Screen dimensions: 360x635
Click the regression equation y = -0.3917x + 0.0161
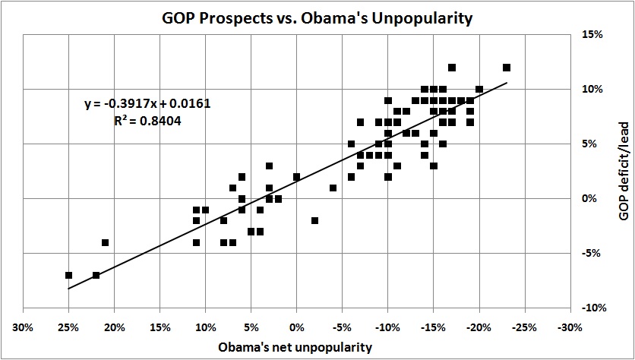coord(147,103)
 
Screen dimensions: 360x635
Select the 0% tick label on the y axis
coord(595,199)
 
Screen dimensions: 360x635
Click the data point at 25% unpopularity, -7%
coord(68,275)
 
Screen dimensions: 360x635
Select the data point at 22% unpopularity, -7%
coord(96,275)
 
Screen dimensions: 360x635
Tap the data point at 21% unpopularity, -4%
coord(105,242)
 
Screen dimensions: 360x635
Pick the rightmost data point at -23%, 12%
coord(507,68)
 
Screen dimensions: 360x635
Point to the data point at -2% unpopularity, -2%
coord(314,220)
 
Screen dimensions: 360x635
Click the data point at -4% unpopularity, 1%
coord(333,188)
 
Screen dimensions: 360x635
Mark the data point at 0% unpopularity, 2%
coord(296,177)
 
